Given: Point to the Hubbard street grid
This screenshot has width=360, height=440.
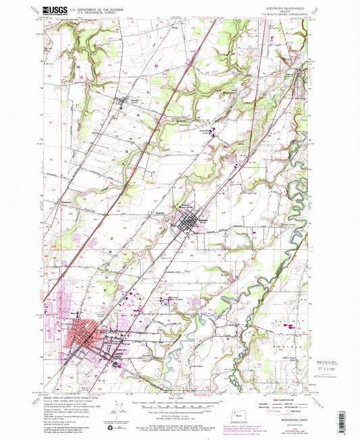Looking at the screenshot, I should [x=189, y=221].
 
